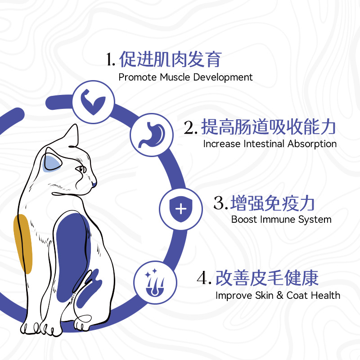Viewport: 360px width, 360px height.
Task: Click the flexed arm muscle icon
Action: point(93,102)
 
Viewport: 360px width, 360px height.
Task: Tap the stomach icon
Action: point(152,135)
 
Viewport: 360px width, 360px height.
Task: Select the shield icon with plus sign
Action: point(181,209)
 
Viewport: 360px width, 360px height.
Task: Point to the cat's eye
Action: point(81,169)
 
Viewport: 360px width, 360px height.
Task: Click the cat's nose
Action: point(94,184)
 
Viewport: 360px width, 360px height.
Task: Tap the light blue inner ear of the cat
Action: point(52,163)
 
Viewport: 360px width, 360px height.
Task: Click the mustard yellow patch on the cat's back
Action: point(23,243)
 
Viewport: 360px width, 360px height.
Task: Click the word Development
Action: point(223,77)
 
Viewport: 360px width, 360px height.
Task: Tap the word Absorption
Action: point(312,144)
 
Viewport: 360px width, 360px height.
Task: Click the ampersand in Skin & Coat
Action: point(280,296)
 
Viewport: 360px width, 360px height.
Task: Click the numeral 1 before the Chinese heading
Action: point(109,60)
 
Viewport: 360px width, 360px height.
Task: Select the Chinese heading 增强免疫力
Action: point(273,203)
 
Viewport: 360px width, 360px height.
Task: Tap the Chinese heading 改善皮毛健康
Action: point(267,278)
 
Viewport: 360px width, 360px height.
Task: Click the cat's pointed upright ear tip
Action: point(76,125)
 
